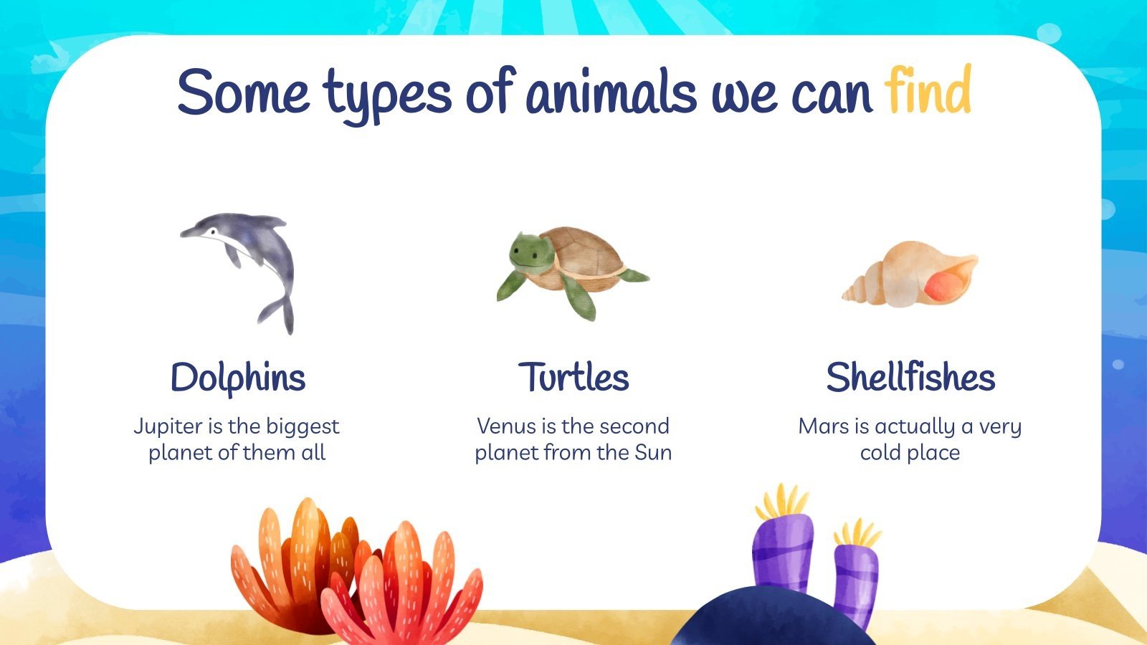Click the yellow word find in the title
(928, 92)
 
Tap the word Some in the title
(244, 92)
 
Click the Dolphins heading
(238, 377)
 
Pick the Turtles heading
(573, 377)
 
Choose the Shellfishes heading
(910, 377)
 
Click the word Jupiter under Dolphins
(168, 426)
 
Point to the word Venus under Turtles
(507, 426)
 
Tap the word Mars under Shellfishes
(824, 426)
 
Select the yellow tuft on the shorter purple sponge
(857, 534)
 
